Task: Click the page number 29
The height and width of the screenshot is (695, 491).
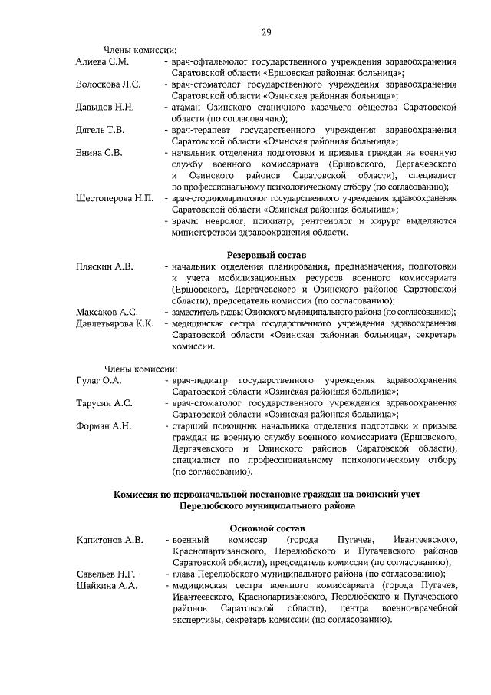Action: click(x=267, y=31)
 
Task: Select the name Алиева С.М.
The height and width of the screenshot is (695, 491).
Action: click(x=102, y=61)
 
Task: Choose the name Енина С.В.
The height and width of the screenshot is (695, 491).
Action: click(x=100, y=153)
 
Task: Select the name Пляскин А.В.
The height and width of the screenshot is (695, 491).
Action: click(x=105, y=266)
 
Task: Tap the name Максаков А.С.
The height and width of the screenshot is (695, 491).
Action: click(x=107, y=312)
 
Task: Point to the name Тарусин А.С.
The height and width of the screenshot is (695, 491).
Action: click(x=104, y=402)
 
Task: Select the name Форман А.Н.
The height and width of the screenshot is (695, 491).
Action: click(x=104, y=425)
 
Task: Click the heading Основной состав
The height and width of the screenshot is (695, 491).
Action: click(x=268, y=528)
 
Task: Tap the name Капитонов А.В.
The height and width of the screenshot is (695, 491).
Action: click(x=110, y=540)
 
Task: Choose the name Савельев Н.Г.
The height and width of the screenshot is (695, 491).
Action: click(x=107, y=574)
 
